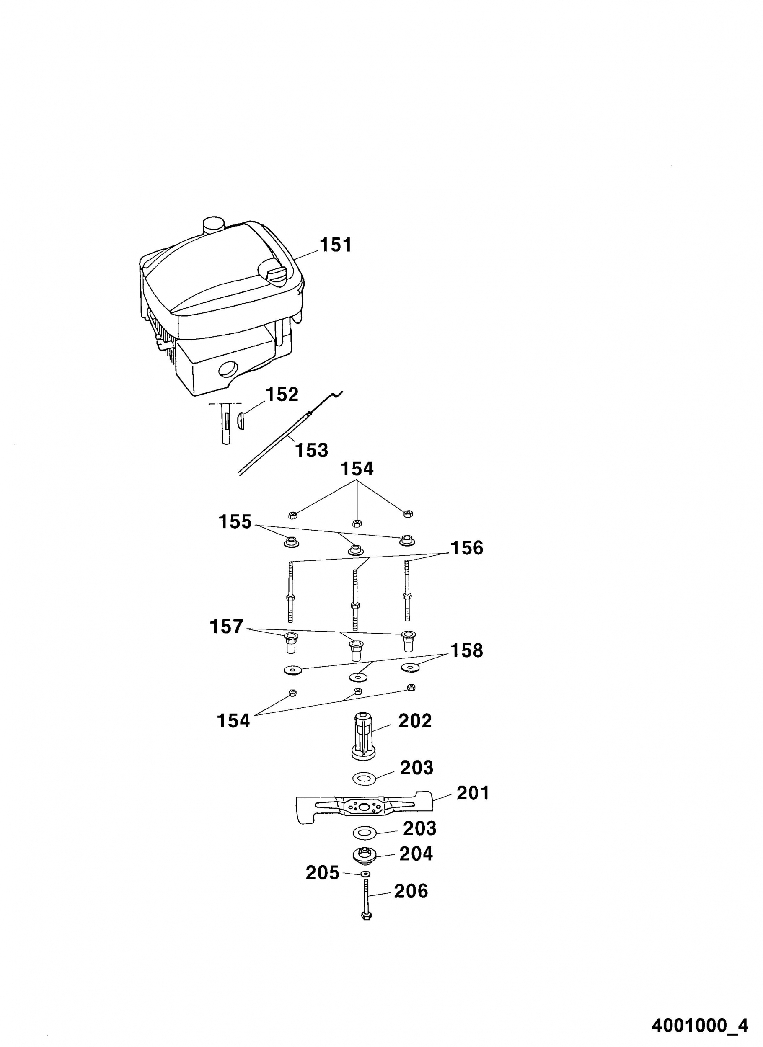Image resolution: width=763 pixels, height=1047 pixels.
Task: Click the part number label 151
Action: (336, 245)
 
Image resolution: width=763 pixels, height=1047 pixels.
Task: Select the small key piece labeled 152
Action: (240, 421)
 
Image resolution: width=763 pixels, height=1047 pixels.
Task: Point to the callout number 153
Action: (311, 450)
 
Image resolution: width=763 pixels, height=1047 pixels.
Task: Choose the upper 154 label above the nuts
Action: (357, 469)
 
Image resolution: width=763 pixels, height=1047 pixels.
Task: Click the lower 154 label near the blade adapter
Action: (233, 721)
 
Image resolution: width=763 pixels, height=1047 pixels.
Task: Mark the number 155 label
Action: (235, 522)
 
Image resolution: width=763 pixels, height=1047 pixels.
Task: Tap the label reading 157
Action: (226, 627)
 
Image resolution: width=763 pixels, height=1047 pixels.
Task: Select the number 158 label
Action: (466, 650)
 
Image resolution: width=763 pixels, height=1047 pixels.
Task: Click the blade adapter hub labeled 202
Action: (364, 736)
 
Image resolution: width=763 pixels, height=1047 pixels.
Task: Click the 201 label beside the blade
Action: (473, 793)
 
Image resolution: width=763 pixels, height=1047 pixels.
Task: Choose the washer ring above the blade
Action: (365, 779)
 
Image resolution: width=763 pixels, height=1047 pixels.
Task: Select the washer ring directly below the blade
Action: (365, 834)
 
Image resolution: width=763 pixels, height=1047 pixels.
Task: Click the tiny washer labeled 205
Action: (366, 874)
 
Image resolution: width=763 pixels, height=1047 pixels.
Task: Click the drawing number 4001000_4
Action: (700, 1022)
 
